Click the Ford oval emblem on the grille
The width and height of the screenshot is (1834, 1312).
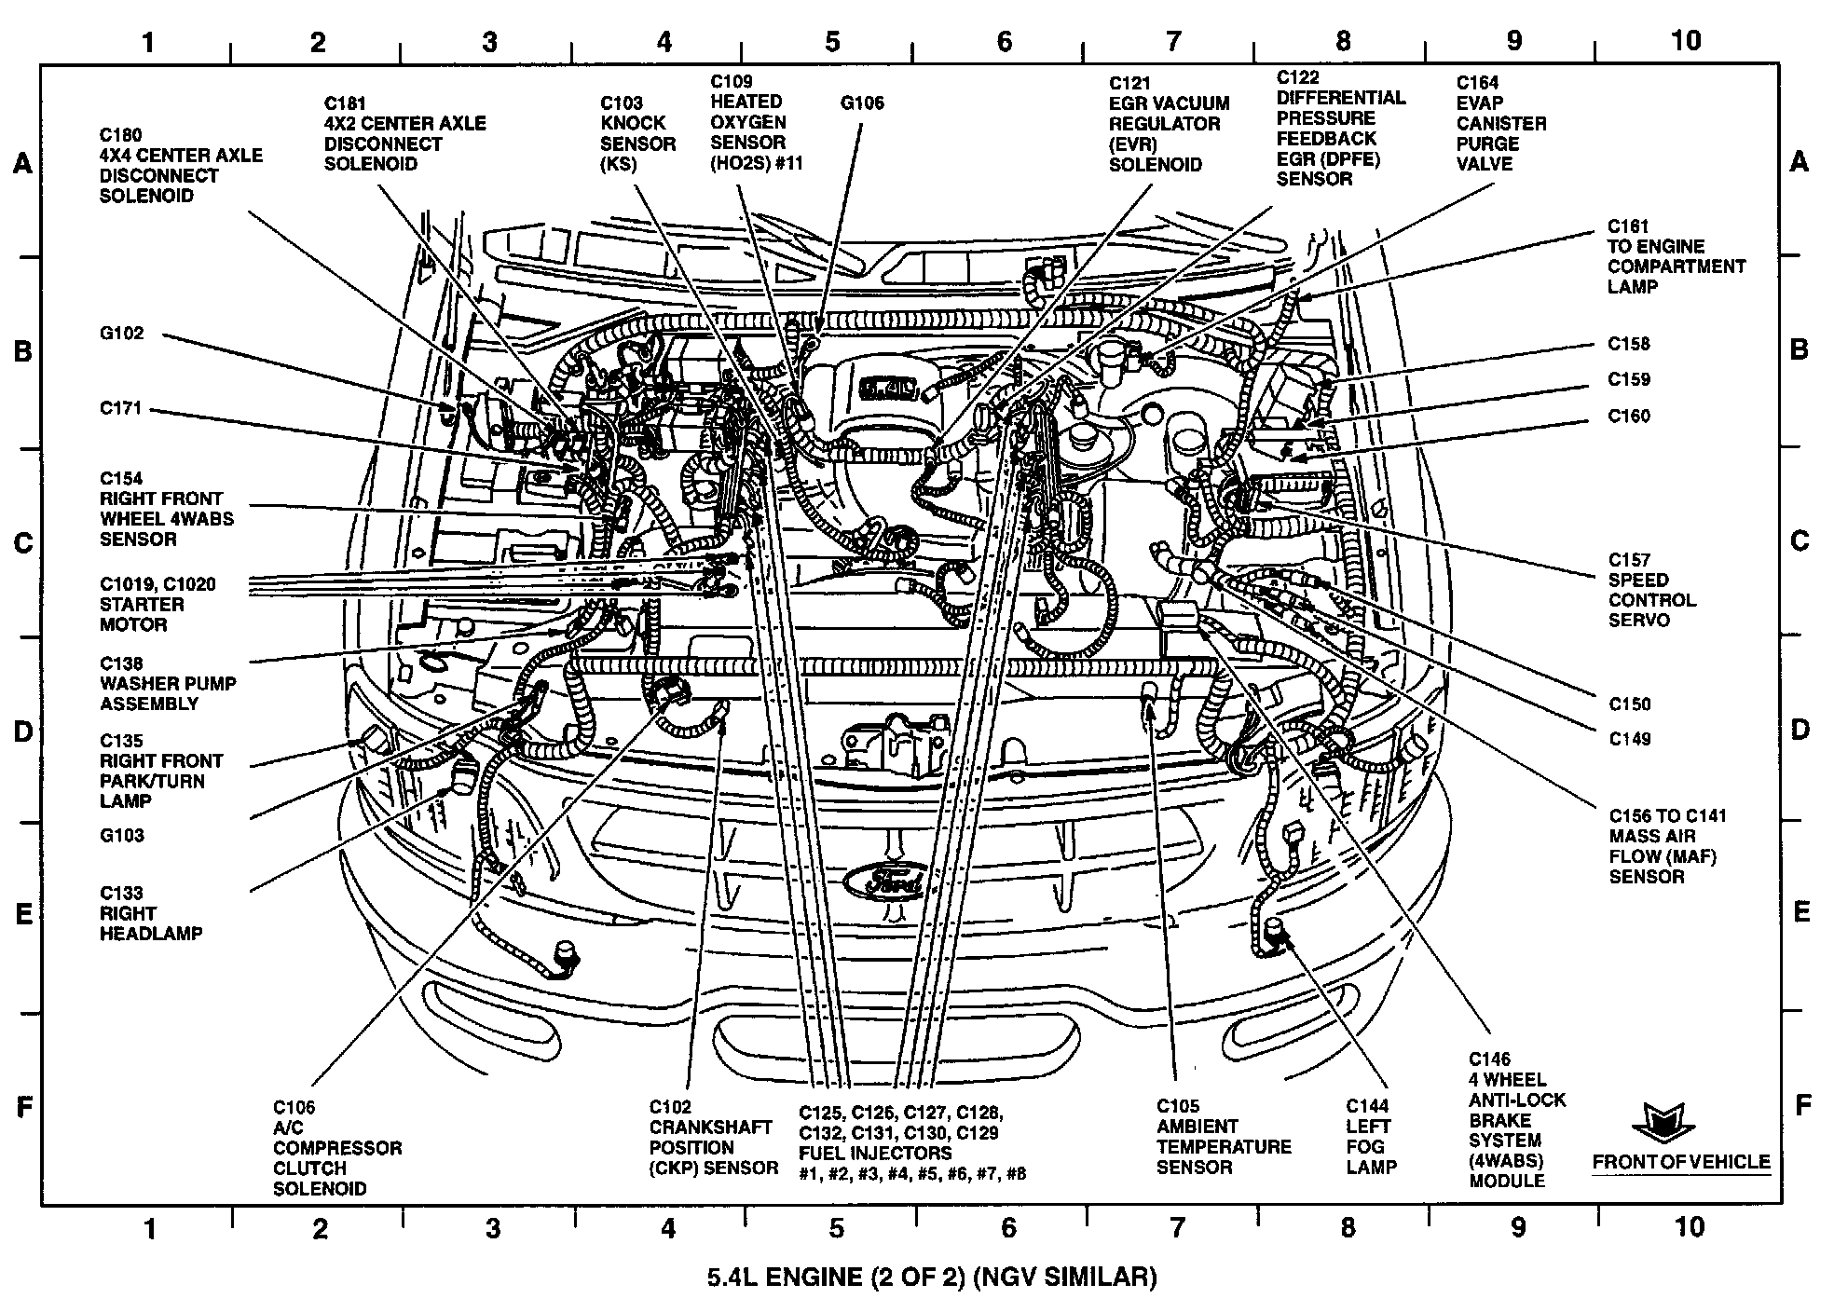pos(884,881)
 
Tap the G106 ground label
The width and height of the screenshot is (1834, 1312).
pos(861,103)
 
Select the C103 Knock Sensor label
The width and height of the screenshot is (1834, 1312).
pos(637,133)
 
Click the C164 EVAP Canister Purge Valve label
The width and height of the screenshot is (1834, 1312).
pos(1501,123)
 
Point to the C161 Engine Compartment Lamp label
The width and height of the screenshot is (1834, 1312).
pos(1676,256)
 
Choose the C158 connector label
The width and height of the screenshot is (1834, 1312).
pos(1628,344)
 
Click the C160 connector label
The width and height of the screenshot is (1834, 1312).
pos(1628,416)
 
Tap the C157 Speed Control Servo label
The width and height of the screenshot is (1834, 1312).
pos(1651,590)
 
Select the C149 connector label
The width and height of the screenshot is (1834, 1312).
pos(1629,739)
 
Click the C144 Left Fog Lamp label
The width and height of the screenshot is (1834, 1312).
pos(1371,1136)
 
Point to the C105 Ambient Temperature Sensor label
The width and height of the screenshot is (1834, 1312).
pos(1223,1136)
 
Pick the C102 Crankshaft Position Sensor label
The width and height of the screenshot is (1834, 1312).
pos(713,1137)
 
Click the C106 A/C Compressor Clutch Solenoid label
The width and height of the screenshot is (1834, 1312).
pos(336,1147)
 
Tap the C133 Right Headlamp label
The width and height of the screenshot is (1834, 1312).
pos(151,913)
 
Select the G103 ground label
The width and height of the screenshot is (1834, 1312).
pos(122,835)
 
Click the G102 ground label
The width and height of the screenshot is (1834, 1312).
pos(122,334)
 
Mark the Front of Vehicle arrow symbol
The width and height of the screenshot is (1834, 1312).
pos(1662,1122)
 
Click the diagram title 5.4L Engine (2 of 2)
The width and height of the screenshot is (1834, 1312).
pos(931,1276)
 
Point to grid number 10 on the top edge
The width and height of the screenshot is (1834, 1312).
pos(1685,40)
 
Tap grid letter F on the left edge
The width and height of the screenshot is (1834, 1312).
pos(25,1106)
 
